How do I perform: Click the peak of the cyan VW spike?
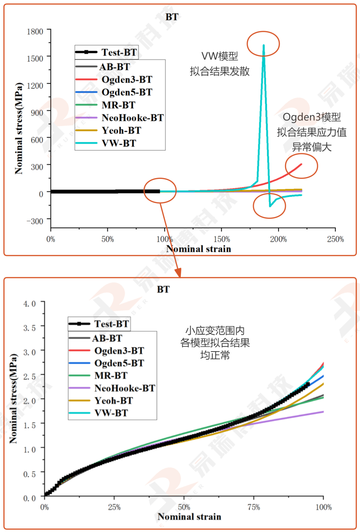click(263, 45)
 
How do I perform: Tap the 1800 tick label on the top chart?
click(35, 32)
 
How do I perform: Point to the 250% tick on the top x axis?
click(335, 239)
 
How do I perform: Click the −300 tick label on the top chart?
click(35, 221)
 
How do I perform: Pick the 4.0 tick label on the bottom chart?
click(30, 304)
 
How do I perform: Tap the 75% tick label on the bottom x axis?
click(253, 507)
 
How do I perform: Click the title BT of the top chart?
click(172, 17)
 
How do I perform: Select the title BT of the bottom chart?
click(163, 289)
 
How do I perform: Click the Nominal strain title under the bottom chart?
click(189, 517)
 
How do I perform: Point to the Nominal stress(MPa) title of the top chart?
click(18, 128)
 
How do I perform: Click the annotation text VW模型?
click(220, 57)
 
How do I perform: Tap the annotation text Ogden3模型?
click(312, 117)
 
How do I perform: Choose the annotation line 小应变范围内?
click(215, 330)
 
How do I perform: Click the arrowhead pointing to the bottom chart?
click(178, 273)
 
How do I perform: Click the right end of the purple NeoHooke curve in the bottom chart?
click(323, 412)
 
